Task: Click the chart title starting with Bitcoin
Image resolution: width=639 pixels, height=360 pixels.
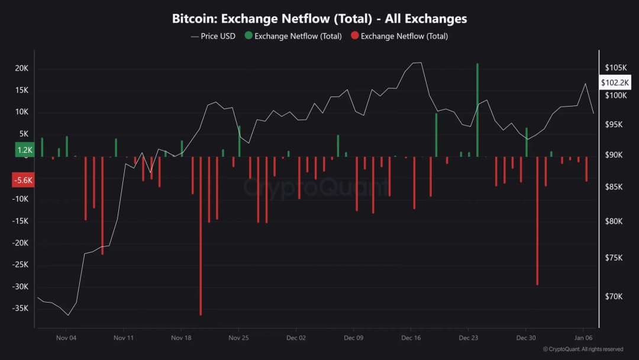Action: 319,18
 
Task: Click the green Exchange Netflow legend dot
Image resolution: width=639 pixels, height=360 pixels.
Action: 248,36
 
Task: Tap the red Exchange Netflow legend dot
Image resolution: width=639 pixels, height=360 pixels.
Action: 354,36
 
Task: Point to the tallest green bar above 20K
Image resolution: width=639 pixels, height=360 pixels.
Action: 477,110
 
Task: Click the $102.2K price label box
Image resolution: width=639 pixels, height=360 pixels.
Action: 615,83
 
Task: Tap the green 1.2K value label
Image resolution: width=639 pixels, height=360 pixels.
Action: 25,150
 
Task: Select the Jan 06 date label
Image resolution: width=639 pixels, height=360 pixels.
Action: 583,337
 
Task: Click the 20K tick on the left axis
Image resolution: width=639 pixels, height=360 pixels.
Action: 22,68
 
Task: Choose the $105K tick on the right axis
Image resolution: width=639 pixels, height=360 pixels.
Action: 615,67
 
